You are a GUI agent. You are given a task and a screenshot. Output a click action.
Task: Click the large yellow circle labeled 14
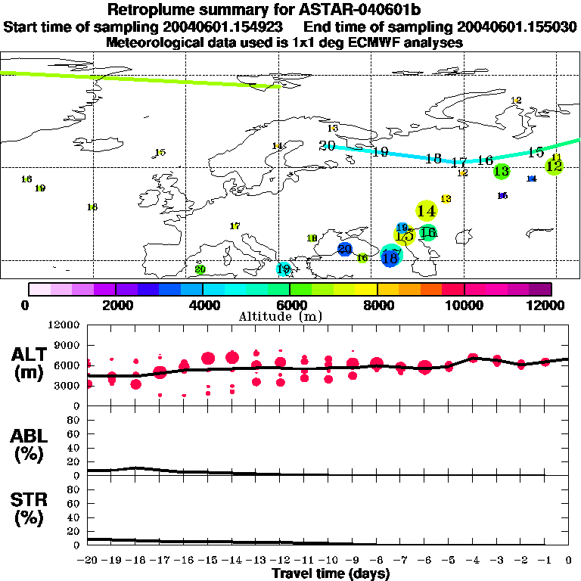tap(426, 210)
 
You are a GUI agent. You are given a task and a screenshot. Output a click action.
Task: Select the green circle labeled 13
tap(501, 171)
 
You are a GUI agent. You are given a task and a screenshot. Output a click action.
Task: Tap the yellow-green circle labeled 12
tap(554, 166)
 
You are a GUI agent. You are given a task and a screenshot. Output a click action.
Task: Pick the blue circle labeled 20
tap(345, 249)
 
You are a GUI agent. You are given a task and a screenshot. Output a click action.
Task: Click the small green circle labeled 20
tap(200, 269)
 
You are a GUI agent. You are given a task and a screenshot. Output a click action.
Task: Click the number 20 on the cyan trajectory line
tap(327, 146)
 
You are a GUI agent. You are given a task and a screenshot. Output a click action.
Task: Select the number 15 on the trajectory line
tap(536, 152)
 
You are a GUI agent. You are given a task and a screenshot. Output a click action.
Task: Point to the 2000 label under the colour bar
tap(115, 305)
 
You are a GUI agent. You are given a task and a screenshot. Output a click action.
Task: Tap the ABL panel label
tap(29, 443)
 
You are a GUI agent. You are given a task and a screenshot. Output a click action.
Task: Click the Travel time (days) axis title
tap(331, 574)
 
